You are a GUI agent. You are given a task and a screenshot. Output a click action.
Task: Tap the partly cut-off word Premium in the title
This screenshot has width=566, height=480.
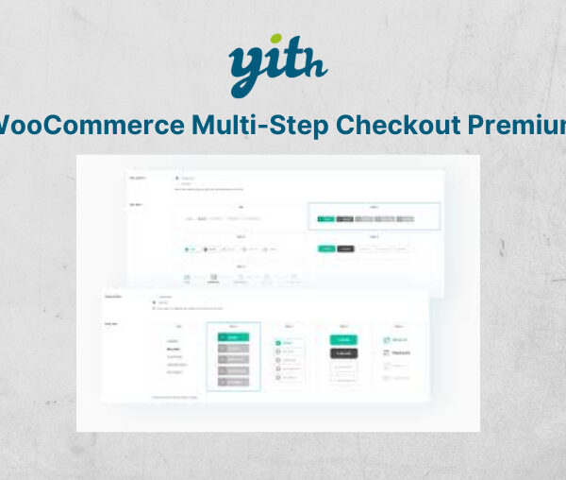click(524, 125)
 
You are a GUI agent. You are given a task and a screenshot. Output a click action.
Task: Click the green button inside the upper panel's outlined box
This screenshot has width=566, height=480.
click(325, 219)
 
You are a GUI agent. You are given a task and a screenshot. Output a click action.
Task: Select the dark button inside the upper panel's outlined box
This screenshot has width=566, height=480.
click(346, 219)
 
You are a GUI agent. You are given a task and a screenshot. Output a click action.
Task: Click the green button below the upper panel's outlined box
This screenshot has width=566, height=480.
click(325, 249)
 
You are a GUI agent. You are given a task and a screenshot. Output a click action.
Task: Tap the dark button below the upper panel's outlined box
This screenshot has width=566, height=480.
click(346, 249)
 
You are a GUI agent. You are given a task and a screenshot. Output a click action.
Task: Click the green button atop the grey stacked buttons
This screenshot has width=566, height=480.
click(233, 336)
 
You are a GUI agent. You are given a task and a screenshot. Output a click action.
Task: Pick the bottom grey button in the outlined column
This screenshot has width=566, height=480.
click(233, 383)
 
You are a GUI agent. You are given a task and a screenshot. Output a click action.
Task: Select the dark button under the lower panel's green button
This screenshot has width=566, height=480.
click(343, 353)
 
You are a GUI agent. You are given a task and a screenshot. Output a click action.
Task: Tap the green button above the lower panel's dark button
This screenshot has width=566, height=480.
click(343, 339)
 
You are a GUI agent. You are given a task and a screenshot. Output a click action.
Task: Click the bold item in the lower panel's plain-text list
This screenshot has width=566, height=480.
click(174, 348)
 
